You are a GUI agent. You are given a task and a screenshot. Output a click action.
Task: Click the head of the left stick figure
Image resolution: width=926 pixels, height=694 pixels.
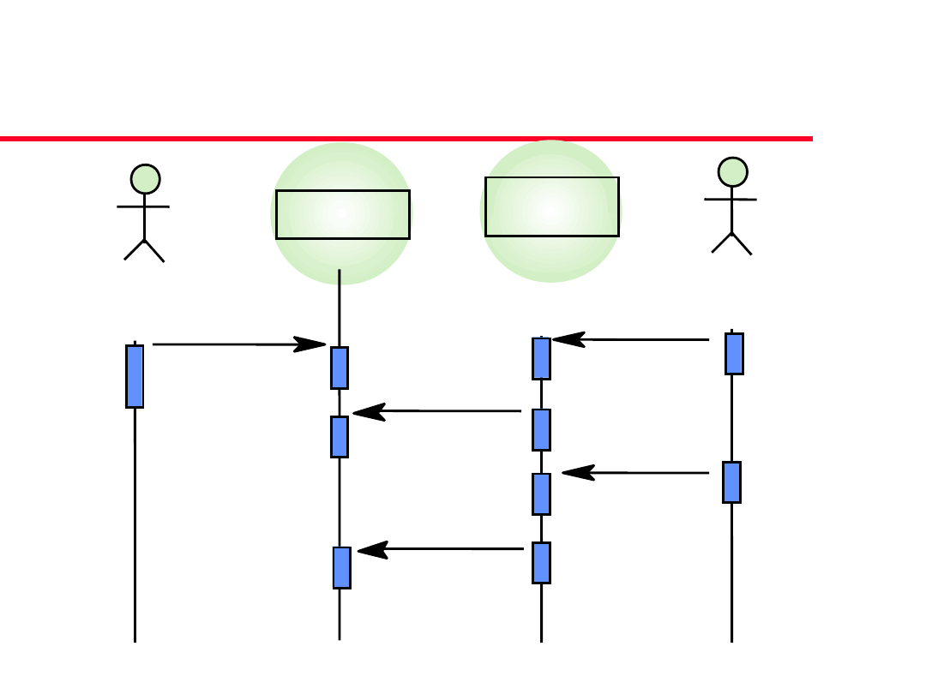tap(146, 179)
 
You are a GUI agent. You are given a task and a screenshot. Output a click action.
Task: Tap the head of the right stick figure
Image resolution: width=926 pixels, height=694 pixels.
tap(732, 171)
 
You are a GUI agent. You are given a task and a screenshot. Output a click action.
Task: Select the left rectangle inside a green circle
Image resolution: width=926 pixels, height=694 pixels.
tap(342, 214)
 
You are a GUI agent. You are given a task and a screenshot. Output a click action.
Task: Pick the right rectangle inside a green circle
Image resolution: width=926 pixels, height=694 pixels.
tap(551, 206)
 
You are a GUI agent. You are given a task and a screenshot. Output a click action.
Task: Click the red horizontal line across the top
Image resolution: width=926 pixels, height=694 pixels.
tap(406, 138)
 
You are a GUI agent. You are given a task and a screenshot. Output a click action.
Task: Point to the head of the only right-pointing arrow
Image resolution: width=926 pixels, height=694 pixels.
tap(310, 344)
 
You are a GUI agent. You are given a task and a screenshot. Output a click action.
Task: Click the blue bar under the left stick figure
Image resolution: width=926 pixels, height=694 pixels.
tap(135, 376)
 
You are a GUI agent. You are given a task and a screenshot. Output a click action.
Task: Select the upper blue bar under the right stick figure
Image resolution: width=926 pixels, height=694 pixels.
tap(734, 354)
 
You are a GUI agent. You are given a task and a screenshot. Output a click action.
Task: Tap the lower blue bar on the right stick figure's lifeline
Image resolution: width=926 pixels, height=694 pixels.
tap(731, 482)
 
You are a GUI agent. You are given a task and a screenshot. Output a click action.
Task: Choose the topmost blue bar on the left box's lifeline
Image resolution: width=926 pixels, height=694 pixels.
tap(340, 368)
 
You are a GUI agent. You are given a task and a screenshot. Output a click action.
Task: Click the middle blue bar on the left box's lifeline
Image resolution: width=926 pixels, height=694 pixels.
tap(340, 437)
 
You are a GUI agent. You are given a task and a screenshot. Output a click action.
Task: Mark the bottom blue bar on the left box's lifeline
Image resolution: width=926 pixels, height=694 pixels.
tap(342, 567)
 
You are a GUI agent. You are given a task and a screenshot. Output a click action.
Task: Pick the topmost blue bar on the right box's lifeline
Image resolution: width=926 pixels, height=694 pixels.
tap(541, 358)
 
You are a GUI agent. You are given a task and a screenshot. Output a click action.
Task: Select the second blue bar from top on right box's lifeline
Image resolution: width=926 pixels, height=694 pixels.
tap(541, 429)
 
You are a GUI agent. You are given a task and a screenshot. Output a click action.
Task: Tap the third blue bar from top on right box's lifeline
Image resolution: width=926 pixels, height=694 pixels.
tap(541, 494)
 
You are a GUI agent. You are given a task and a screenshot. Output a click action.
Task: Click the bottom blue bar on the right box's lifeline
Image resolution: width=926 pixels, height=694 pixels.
tap(541, 563)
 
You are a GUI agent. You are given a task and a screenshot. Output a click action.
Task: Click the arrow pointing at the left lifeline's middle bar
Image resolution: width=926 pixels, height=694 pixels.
tap(437, 412)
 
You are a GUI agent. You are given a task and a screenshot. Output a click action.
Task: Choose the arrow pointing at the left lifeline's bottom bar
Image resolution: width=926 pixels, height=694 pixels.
tap(441, 549)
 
